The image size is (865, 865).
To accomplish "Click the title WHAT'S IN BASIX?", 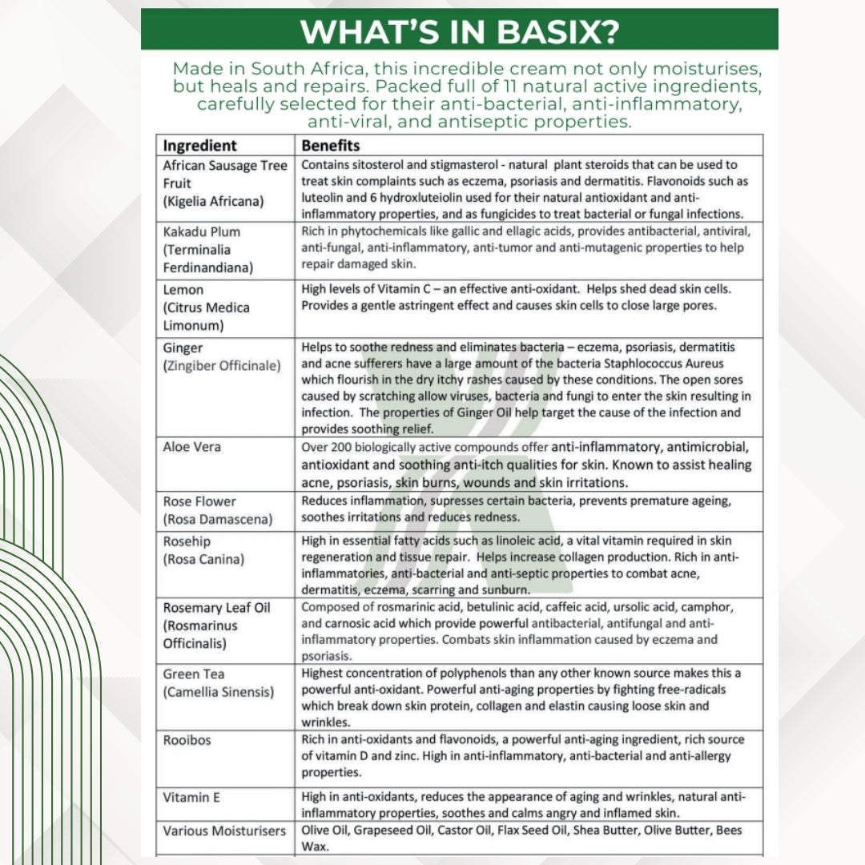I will coord(459,31).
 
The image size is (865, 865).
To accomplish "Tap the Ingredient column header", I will coord(199,146).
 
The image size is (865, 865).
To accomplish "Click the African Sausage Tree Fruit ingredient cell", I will coord(224,183).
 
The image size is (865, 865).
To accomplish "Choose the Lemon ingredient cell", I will coord(206,308).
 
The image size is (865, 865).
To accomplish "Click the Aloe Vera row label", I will coord(187,447).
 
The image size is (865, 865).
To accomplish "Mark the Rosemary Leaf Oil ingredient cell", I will coord(216,625).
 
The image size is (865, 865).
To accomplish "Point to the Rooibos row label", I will coord(187,740).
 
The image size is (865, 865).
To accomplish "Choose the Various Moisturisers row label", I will coord(224,831).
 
